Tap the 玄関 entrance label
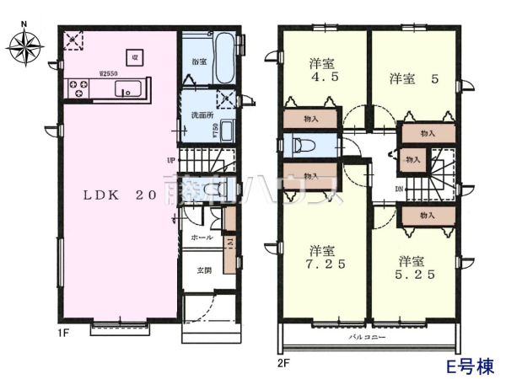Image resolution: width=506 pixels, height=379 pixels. tap(205, 270)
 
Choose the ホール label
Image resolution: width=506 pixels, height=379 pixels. tap(202, 238)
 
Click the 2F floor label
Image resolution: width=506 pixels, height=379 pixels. tap(283, 365)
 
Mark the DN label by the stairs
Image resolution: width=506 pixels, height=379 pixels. tap(399, 188)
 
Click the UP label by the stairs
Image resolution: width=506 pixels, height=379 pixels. tap(170, 159)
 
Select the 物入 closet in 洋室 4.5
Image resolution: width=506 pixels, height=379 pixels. tap(310, 120)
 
